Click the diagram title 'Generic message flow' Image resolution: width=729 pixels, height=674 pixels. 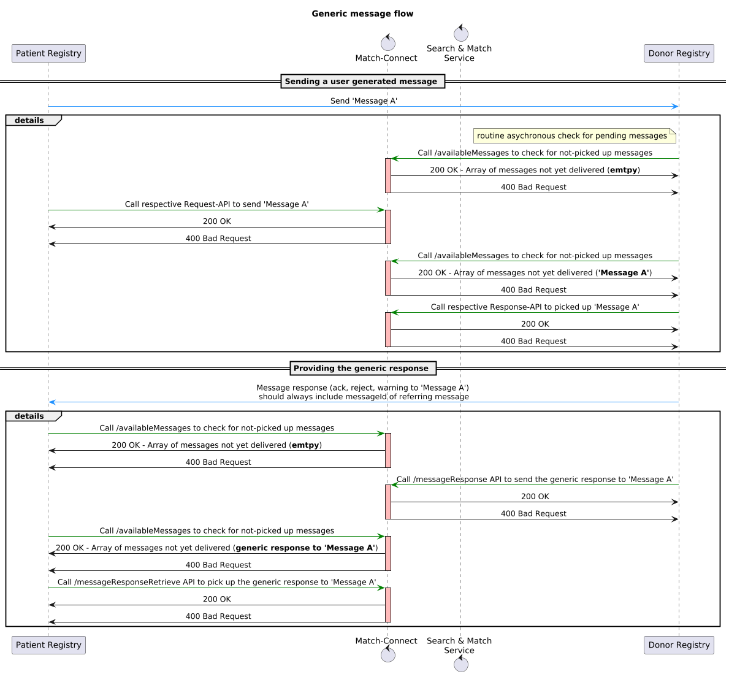coord(362,13)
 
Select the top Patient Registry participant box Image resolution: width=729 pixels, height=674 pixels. coord(48,53)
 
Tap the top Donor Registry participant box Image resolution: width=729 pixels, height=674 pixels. coord(679,53)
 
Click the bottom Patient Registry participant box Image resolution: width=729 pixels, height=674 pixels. coord(48,645)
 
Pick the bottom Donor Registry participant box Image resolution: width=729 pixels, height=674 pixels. coord(679,645)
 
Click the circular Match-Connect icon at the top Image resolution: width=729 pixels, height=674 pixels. coord(387,43)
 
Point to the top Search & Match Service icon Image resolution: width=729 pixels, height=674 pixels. coord(460,34)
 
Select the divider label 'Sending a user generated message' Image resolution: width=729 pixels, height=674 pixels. coord(362,81)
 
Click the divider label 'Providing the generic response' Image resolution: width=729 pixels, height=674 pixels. coord(362,368)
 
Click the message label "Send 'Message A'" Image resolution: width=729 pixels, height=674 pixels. coord(364,101)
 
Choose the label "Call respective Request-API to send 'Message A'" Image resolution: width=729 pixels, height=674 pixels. coord(216,204)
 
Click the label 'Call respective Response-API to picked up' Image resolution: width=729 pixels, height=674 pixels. coord(535,307)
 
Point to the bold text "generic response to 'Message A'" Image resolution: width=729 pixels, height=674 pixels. coord(305,548)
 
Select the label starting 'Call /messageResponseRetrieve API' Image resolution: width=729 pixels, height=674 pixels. coord(216,582)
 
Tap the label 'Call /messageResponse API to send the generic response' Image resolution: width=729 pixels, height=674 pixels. coord(535,479)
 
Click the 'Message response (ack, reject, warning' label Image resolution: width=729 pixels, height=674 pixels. coord(362,388)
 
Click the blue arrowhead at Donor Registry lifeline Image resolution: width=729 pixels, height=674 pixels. coord(675,107)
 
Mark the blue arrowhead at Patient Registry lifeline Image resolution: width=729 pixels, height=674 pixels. coord(53,402)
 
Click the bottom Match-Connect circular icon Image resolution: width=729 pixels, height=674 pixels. coord(387,655)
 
